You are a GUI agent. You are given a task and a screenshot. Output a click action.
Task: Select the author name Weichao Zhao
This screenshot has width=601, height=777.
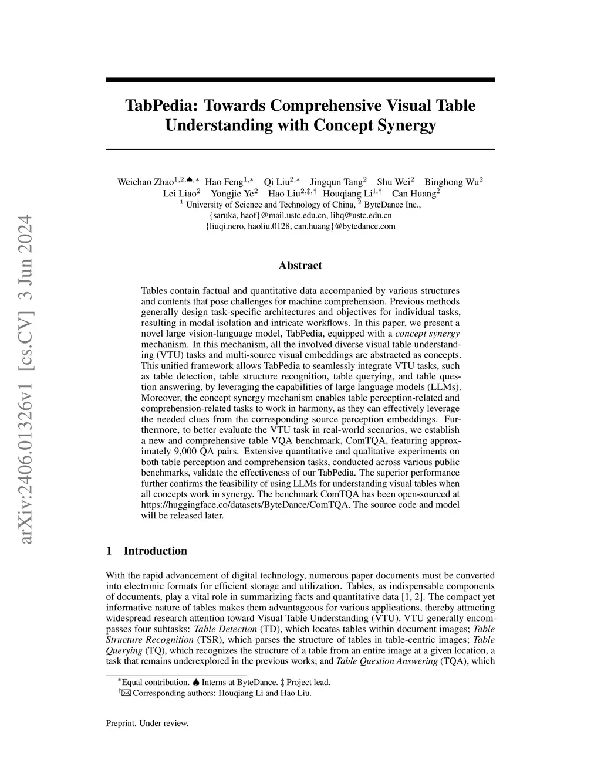point(146,182)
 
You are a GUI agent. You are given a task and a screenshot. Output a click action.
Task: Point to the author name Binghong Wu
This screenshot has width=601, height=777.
point(451,182)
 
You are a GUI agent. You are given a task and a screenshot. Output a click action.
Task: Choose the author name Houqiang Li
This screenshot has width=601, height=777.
point(347,194)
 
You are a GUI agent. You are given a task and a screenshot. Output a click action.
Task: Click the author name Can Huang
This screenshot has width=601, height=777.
point(414,194)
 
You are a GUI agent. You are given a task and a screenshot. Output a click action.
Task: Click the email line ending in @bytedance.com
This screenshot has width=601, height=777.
point(300,226)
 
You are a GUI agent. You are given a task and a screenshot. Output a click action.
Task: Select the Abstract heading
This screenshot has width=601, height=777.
point(300,266)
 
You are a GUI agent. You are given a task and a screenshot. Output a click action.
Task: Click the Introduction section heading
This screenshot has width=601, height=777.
point(155,551)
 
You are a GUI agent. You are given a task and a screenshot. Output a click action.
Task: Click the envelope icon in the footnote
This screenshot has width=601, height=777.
point(126,693)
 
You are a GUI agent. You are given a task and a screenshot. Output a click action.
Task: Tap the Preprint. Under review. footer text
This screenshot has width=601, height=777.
point(147,723)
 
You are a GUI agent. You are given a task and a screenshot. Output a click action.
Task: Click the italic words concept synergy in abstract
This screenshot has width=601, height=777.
point(427,334)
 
